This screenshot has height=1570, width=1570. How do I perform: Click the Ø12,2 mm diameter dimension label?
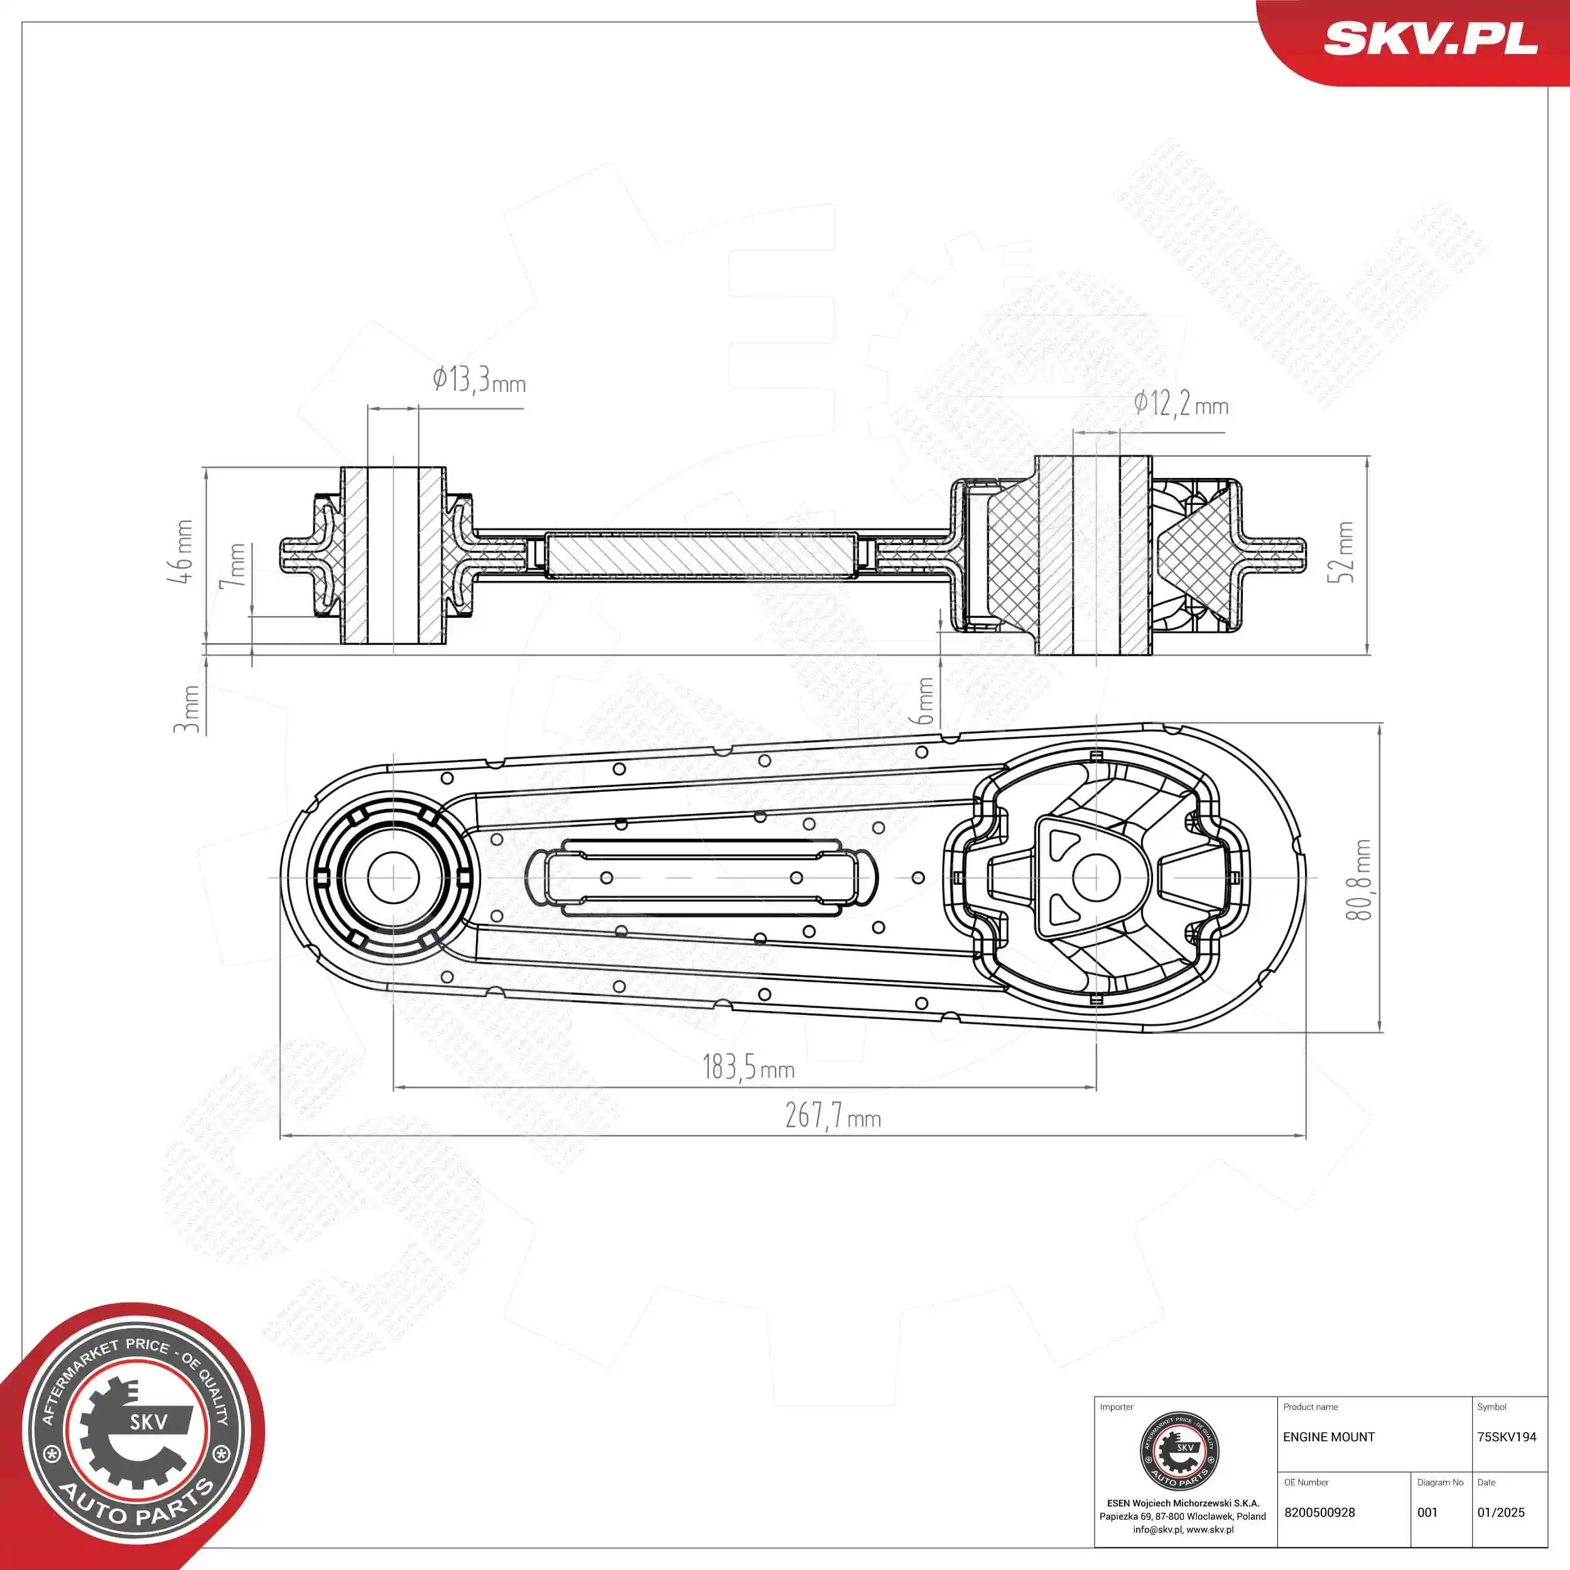(1181, 404)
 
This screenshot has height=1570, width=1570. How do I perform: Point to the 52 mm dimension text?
(1345, 552)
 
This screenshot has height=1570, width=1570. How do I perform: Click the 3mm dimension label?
(188, 708)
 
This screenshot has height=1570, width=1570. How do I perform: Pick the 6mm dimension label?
(925, 700)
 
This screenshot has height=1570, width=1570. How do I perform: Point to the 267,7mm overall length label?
(833, 1117)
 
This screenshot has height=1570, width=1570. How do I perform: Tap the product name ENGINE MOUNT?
(1329, 1459)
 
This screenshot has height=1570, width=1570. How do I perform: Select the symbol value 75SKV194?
(1507, 1459)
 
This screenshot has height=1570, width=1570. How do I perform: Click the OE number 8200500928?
(1319, 1512)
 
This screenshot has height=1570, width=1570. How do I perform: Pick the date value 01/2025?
(1501, 1512)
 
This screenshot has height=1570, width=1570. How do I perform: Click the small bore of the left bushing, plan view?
(393, 878)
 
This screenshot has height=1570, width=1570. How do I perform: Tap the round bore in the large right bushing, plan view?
(1096, 878)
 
